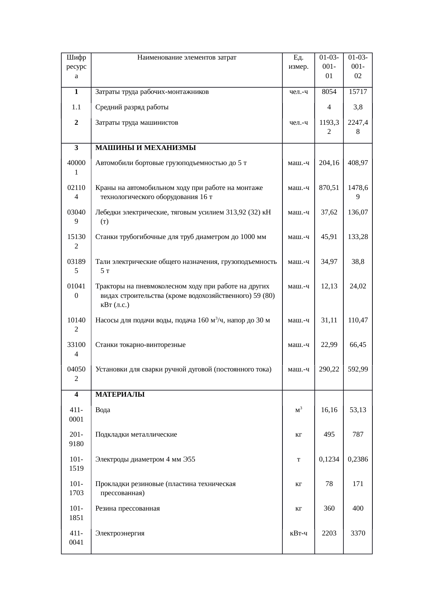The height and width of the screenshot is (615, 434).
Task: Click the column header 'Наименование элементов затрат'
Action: (187, 57)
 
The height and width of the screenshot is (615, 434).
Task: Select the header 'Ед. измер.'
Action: (298, 62)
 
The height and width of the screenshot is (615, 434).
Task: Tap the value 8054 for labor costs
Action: (329, 92)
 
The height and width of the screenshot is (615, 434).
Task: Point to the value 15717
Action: (358, 92)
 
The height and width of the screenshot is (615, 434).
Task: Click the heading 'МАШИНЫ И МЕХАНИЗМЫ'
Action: (146, 148)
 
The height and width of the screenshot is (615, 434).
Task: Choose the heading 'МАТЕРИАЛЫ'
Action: (120, 395)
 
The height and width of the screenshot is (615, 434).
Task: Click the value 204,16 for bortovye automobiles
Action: (329, 163)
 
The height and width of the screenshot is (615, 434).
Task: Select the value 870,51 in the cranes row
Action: (329, 188)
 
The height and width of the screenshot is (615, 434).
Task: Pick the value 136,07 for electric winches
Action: (358, 212)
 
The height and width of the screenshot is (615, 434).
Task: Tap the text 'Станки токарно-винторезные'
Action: (140, 345)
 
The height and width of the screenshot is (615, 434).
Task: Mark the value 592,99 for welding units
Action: (358, 369)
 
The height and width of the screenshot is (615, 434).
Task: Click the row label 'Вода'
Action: (103, 410)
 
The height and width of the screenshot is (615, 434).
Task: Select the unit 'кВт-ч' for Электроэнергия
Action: (298, 533)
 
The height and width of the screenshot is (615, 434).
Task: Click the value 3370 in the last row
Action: (358, 533)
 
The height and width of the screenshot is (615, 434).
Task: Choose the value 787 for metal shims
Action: (358, 435)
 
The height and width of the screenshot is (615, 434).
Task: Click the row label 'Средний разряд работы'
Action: (132, 108)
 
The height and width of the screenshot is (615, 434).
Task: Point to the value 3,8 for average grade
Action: (358, 108)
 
